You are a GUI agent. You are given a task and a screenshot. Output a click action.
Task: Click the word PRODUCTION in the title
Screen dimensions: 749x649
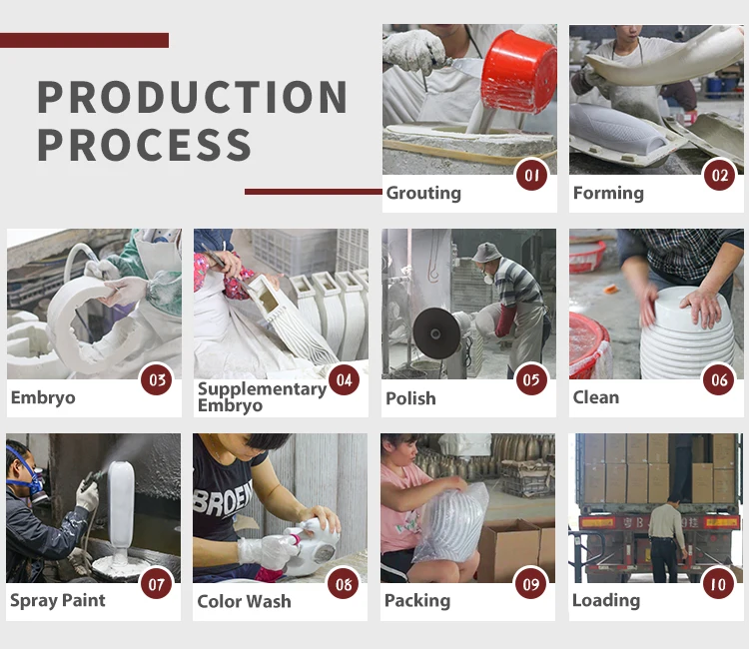point(193,97)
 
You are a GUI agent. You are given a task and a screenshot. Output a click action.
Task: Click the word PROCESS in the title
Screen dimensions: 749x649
point(144,144)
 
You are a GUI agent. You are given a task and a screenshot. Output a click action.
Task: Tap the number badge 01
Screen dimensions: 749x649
point(531,175)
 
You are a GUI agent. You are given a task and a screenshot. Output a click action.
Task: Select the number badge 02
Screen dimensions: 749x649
point(719,175)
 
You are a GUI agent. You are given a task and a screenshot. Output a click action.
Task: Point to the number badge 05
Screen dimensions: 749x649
point(531,379)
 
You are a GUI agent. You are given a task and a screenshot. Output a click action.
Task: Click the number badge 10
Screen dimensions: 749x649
point(718,583)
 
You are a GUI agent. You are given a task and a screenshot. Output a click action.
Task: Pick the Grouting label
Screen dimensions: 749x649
point(423,194)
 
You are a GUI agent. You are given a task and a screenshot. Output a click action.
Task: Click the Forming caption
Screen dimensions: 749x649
point(608,193)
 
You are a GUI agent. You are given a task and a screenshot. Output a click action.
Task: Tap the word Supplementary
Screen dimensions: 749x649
point(262,389)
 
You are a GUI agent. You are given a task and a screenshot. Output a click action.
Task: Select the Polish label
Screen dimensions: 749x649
point(410,398)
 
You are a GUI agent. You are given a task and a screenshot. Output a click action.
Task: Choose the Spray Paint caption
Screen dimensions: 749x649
point(57,601)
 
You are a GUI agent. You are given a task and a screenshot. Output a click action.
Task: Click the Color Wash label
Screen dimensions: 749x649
point(244,601)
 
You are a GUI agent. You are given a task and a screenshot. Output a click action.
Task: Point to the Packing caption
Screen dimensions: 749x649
point(417,601)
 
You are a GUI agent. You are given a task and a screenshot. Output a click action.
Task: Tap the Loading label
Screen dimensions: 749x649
point(606,601)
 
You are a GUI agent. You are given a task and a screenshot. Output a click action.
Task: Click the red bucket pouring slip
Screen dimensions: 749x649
point(518,72)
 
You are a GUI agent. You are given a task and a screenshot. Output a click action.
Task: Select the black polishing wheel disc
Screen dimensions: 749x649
point(436,332)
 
